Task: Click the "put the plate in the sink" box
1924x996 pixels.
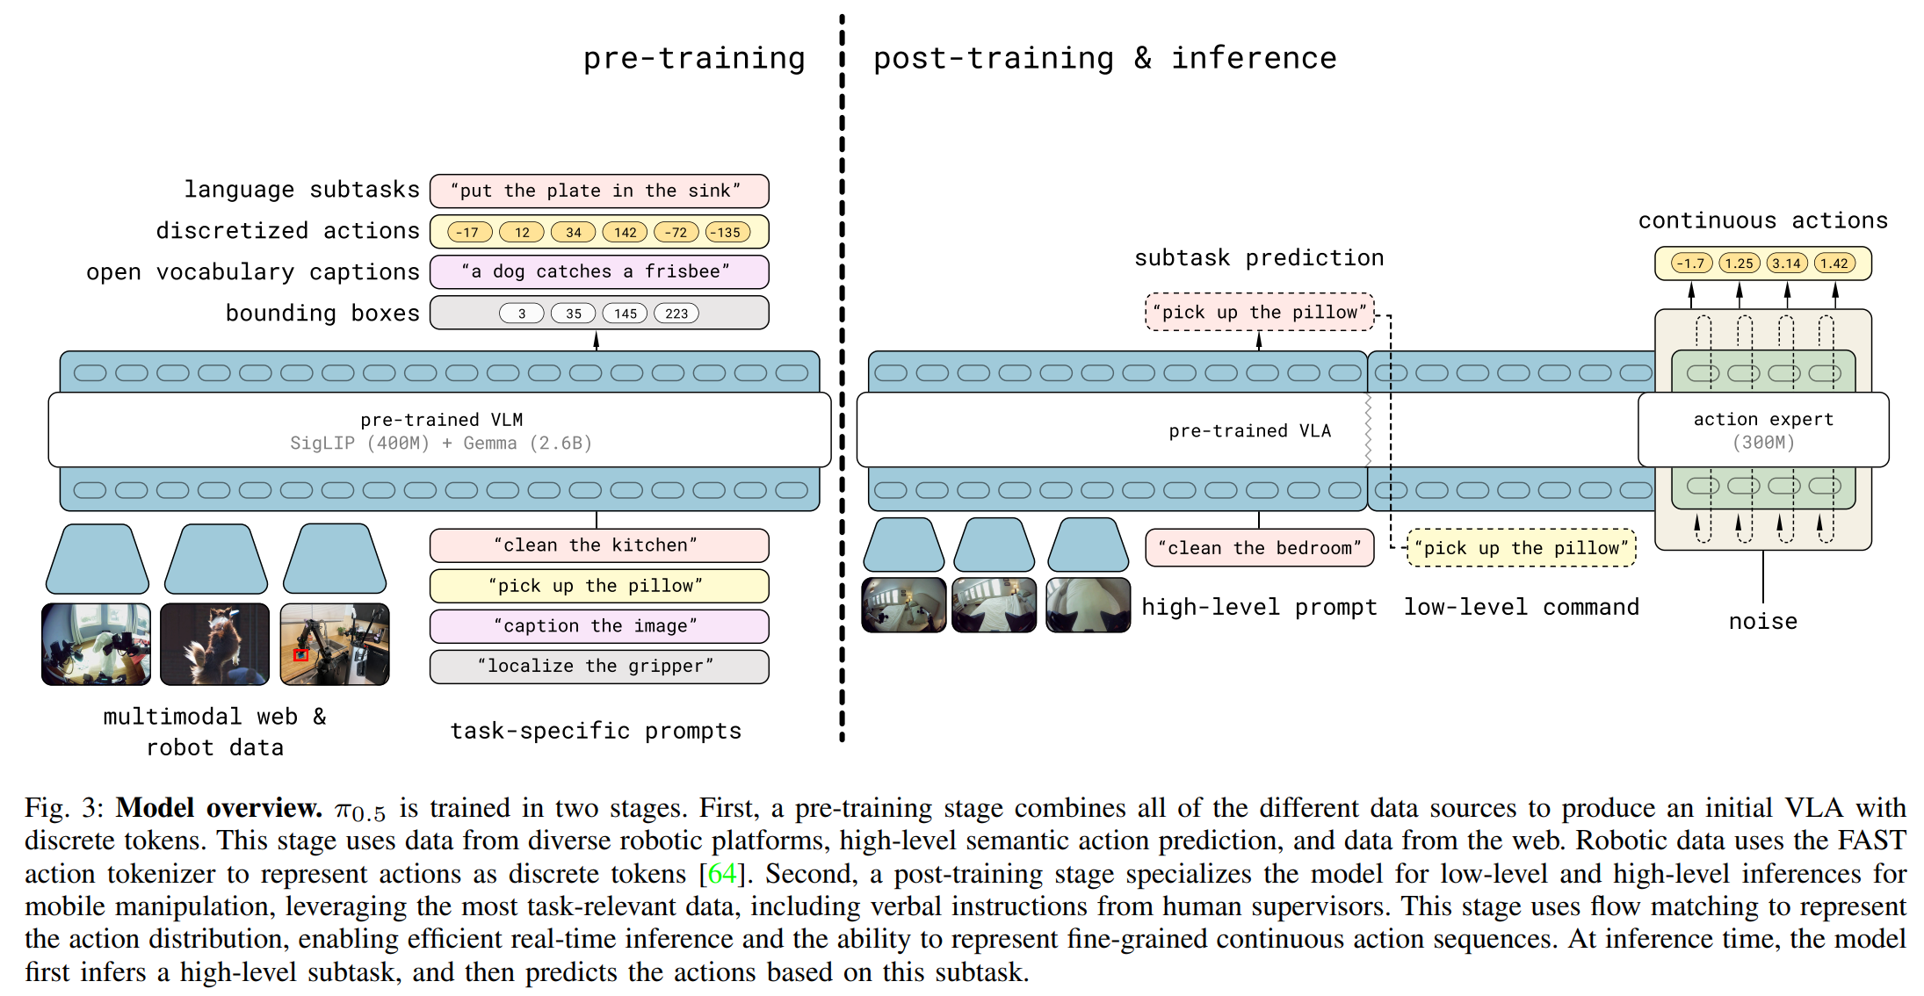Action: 598,191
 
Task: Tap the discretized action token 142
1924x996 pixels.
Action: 625,232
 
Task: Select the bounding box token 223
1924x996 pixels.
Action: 676,314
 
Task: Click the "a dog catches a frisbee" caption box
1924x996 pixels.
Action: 598,271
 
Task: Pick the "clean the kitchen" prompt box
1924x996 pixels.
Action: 598,545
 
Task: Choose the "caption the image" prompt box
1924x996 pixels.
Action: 598,626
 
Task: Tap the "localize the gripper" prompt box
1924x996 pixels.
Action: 598,667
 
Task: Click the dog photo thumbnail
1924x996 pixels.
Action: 214,644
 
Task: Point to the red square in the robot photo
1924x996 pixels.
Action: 300,655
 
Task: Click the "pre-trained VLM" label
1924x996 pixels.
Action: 441,420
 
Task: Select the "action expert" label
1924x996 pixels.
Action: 1763,420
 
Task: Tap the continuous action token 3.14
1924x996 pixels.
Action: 1786,263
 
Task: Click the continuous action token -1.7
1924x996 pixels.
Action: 1690,263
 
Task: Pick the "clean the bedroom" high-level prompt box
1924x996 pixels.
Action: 1259,548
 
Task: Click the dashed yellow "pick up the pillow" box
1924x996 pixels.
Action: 1521,548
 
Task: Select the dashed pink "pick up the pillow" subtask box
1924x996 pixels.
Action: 1259,313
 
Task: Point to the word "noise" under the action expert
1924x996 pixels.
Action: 1762,622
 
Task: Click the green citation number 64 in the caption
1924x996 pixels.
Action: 721,874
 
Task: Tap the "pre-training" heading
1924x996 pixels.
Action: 694,59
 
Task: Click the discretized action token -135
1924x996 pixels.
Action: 727,232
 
